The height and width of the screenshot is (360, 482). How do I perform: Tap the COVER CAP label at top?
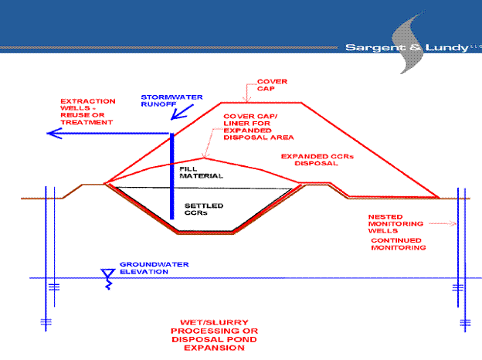[272, 85]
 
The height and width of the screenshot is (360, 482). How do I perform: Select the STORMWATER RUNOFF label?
[171, 100]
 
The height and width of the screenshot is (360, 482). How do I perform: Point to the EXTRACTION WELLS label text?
[87, 111]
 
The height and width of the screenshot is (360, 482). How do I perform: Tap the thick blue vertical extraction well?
[171, 176]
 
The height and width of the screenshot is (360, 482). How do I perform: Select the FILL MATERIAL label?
[201, 172]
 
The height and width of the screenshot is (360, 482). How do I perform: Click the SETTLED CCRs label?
[204, 209]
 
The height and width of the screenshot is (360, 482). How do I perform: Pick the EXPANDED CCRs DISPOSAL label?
[317, 160]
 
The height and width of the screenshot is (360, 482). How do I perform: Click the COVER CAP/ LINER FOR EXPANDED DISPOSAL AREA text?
[258, 127]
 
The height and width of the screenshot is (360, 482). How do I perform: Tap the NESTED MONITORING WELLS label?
[395, 224]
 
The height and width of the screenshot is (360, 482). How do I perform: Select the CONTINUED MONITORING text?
[399, 244]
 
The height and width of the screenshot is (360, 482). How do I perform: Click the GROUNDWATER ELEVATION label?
[154, 268]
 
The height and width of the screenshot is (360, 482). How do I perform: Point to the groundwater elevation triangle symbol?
[107, 273]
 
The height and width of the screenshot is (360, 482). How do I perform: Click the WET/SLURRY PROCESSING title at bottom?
[214, 335]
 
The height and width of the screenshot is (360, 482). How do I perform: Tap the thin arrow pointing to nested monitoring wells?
[443, 223]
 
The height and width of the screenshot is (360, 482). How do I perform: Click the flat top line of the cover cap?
[261, 103]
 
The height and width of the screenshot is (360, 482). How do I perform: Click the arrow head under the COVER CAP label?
[246, 98]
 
